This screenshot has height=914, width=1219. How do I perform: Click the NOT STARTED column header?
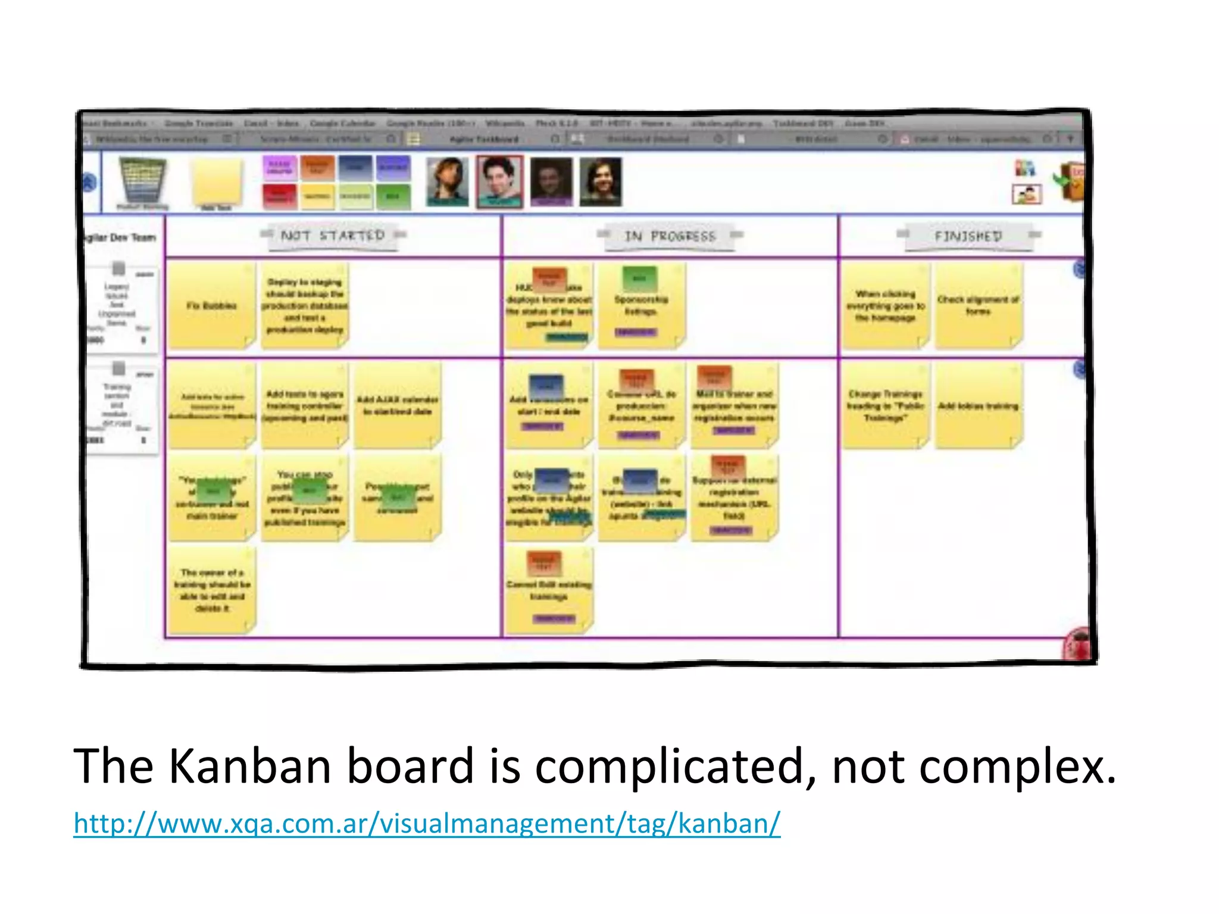point(332,236)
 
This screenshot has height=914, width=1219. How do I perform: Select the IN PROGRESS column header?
point(670,236)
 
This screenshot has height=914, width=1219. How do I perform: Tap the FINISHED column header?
point(968,236)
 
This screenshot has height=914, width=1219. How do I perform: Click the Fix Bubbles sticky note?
point(211,306)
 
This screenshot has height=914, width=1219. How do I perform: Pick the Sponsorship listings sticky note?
point(641,306)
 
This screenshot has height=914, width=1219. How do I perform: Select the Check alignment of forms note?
point(978,306)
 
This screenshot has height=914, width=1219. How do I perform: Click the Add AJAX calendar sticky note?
point(397,406)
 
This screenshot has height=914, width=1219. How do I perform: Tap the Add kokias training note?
point(978,406)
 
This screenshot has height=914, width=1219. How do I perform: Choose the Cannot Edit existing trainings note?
point(548,590)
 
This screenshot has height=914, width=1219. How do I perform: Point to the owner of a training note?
point(211,590)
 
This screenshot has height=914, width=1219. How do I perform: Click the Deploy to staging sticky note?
point(304,306)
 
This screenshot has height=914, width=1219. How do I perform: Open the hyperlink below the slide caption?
point(427,824)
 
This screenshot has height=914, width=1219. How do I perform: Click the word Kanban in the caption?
point(249,766)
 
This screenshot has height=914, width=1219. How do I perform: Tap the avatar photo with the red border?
point(499,181)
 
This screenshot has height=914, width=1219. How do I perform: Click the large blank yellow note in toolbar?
point(217,181)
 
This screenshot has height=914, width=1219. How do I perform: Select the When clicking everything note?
point(885,306)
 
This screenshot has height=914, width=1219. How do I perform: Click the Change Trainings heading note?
point(885,406)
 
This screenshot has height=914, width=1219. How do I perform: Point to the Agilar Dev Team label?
point(121,238)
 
